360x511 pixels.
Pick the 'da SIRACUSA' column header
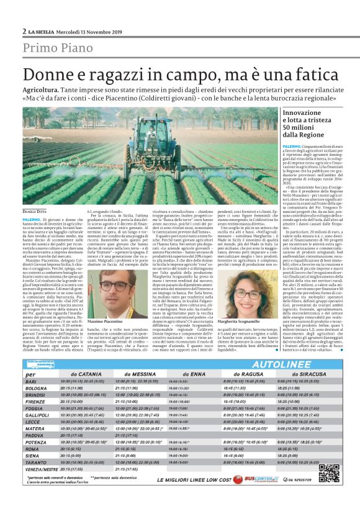[295, 374]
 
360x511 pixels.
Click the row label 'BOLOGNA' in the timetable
[36, 388]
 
